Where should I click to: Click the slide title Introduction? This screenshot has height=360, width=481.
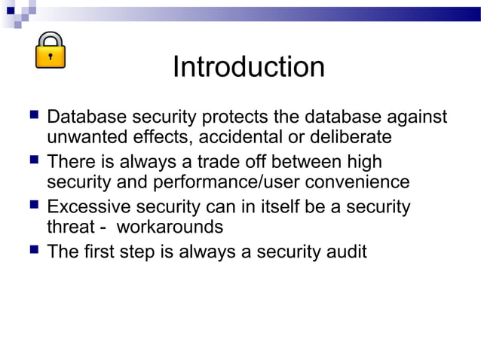248,68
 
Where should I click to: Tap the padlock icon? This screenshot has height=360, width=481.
51,50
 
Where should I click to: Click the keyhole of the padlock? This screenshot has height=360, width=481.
51,56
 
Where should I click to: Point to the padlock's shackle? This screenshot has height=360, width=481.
51,38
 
